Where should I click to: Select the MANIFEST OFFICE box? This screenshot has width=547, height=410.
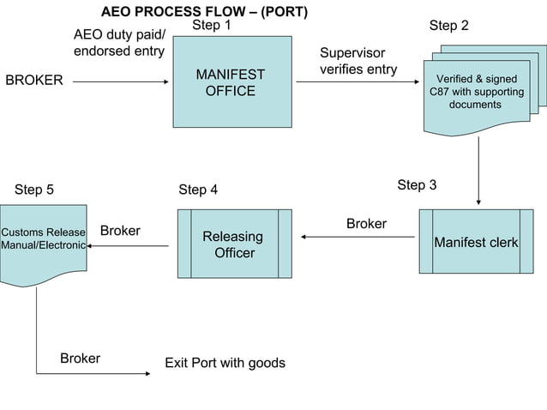(231, 82)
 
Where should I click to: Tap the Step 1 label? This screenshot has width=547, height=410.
(211, 27)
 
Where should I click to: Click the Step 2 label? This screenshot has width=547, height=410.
(449, 27)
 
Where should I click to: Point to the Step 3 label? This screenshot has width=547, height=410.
(417, 185)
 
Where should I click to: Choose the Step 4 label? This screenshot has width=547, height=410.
(198, 190)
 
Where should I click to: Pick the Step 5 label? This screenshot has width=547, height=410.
(34, 190)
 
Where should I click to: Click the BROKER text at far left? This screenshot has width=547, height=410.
(34, 81)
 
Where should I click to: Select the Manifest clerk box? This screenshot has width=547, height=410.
(476, 243)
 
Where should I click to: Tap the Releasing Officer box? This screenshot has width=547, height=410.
(234, 244)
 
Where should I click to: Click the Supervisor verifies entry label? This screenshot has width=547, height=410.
(358, 61)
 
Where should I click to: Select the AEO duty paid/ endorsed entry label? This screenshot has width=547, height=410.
(119, 43)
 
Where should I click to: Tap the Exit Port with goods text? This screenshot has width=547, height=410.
(225, 363)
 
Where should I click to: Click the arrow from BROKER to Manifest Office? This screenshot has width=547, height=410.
(120, 82)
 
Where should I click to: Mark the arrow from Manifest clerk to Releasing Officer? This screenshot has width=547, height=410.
(358, 237)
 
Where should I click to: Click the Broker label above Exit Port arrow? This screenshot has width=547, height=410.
(80, 358)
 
